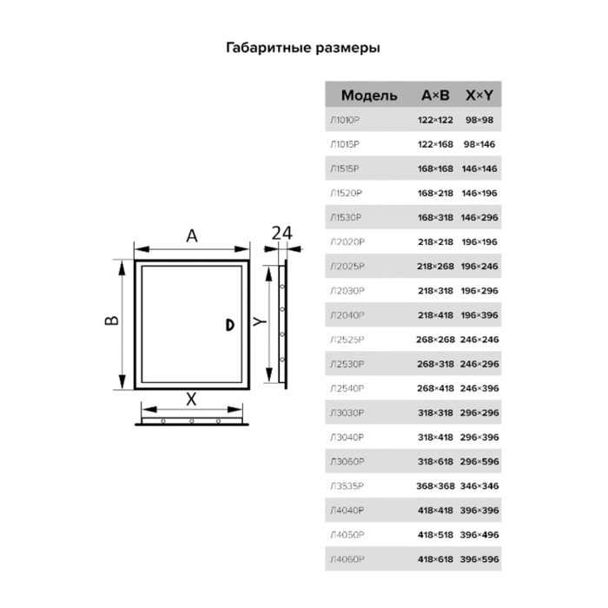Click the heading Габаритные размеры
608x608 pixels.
click(x=303, y=48)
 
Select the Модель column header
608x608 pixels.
click(x=369, y=96)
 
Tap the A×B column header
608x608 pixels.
click(x=435, y=95)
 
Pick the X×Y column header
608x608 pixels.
click(x=479, y=95)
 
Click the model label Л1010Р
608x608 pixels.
click(x=345, y=120)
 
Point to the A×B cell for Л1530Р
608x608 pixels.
click(x=435, y=217)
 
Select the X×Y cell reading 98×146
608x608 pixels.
click(x=479, y=144)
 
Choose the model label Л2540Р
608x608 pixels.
click(x=347, y=388)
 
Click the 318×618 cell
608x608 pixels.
click(x=435, y=461)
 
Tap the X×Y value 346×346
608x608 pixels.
click(x=479, y=486)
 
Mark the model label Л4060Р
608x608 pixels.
click(x=347, y=559)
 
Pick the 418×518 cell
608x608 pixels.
click(x=435, y=535)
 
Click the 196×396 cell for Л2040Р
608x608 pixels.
click(x=479, y=315)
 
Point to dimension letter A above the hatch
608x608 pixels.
click(x=192, y=235)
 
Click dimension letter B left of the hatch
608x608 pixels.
click(x=112, y=321)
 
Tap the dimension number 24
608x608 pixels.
click(x=282, y=234)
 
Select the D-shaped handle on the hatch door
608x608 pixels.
click(x=230, y=325)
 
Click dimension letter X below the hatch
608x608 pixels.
click(x=192, y=399)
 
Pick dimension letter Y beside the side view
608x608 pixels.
click(x=260, y=321)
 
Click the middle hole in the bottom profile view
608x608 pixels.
click(x=192, y=420)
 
